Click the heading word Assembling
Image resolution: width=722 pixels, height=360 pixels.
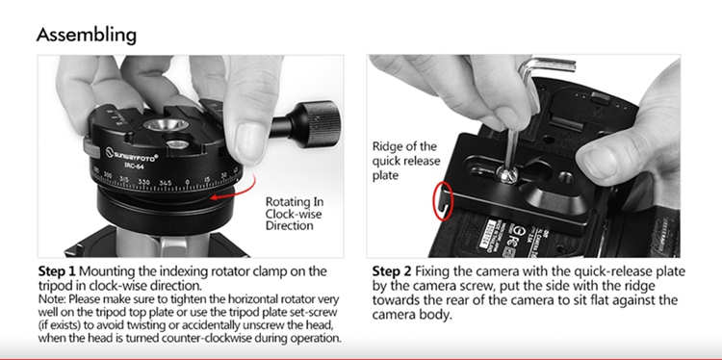tap(87, 35)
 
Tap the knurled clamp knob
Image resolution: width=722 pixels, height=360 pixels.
tap(320, 124)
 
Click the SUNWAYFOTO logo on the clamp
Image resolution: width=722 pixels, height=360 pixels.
tap(132, 154)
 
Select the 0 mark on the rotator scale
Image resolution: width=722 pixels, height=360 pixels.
tap(187, 182)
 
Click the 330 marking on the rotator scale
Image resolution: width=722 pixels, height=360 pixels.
tap(144, 182)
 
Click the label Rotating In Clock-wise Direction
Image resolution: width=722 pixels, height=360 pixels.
tap(295, 214)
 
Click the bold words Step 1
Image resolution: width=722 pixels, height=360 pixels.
tap(57, 270)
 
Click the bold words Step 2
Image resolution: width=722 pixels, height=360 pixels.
tap(391, 271)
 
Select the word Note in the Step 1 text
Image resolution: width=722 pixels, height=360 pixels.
tap(51, 299)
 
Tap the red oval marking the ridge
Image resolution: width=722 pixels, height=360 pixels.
tap(444, 201)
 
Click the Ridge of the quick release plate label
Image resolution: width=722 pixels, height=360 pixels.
tap(405, 161)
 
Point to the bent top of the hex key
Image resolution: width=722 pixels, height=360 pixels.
tap(547, 64)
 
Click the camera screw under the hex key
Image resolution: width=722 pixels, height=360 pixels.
tap(507, 174)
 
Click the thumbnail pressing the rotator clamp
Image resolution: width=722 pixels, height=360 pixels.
tap(250, 141)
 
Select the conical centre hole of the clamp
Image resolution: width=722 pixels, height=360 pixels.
tap(166, 125)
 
